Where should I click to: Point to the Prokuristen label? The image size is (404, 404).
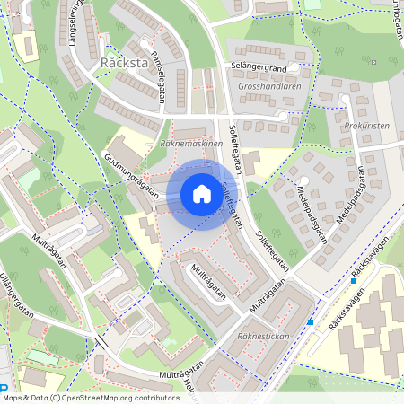366,126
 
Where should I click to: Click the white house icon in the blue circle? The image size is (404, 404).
201,194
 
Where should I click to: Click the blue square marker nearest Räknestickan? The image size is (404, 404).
311,321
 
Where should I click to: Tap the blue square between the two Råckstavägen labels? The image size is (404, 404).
355,281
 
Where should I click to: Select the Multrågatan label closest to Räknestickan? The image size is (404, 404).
269,296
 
